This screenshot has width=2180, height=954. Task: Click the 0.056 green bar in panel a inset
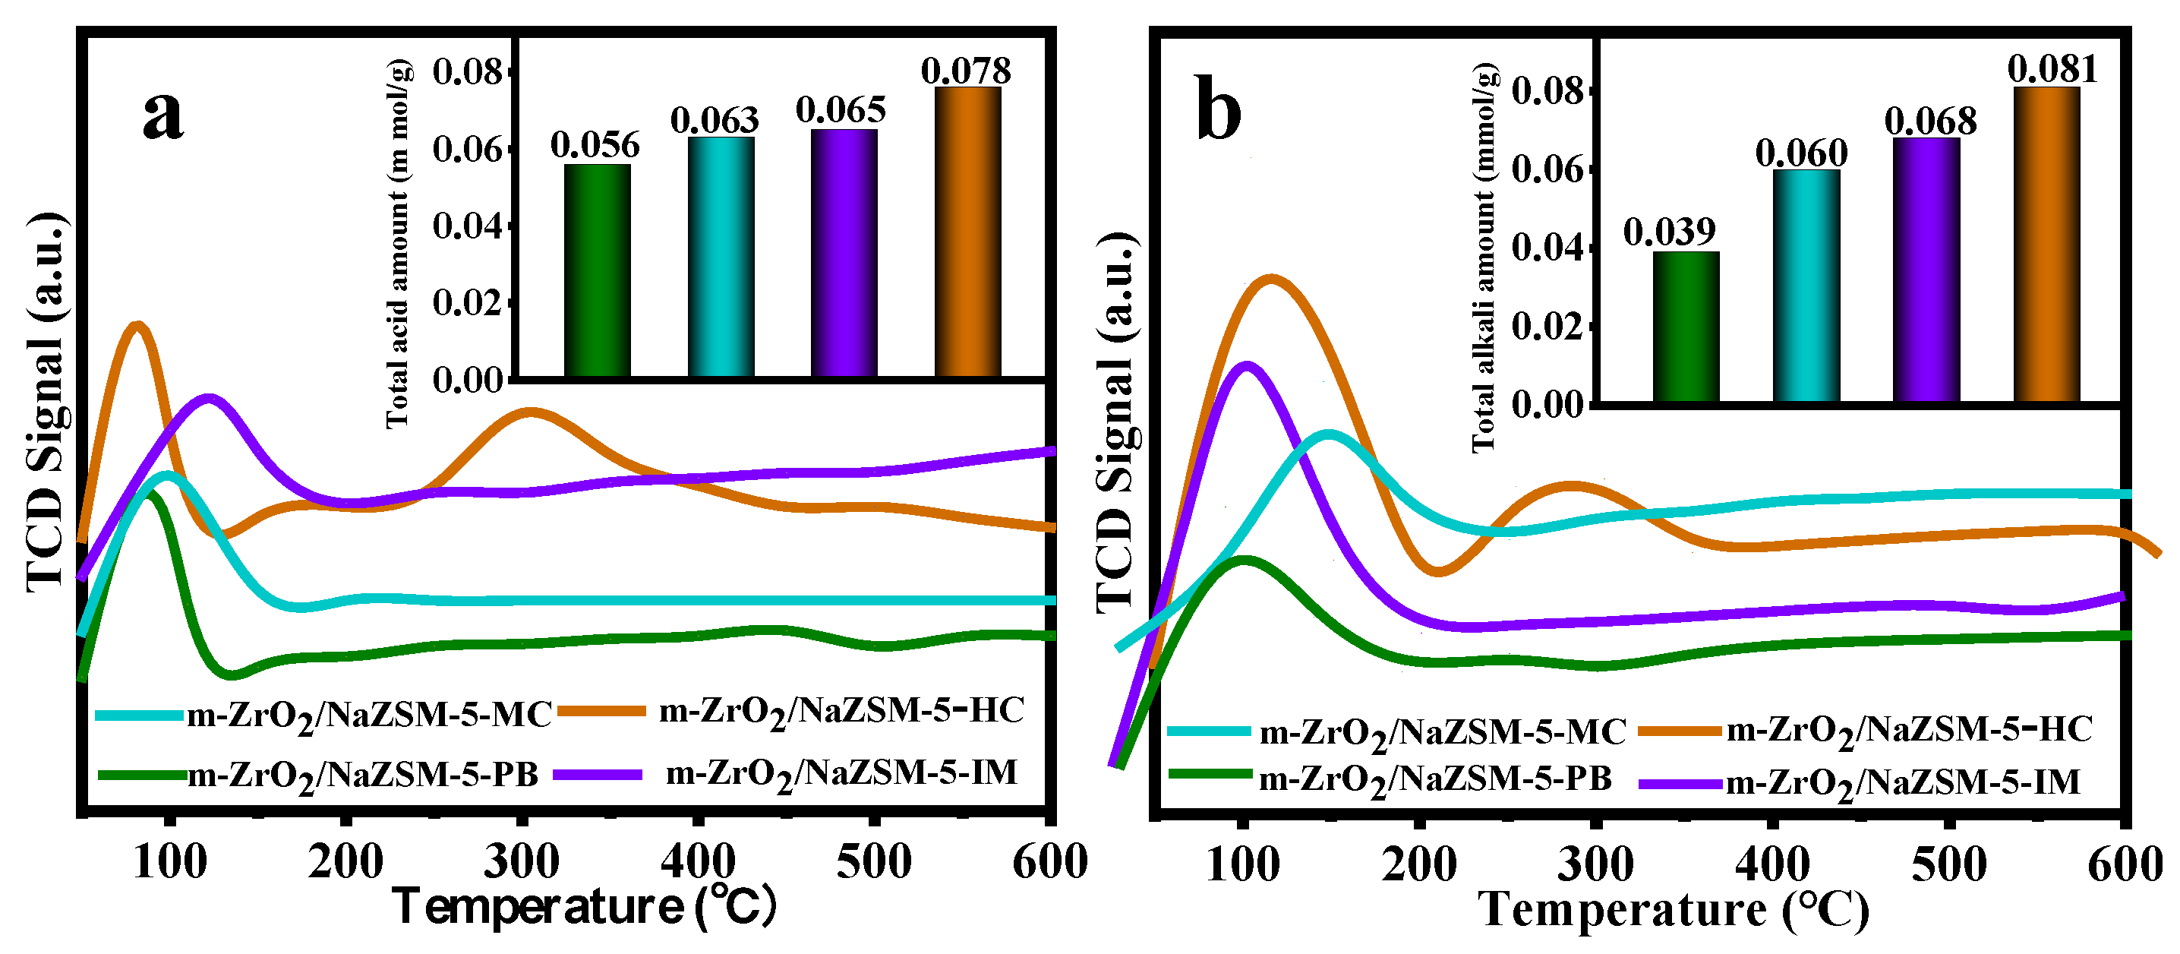click(597, 271)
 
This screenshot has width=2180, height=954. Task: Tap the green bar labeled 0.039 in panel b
click(1685, 327)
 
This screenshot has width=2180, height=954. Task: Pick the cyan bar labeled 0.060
click(1806, 286)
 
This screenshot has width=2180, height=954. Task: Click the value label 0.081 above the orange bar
click(2052, 68)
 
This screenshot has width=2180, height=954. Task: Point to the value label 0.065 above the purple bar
click(841, 110)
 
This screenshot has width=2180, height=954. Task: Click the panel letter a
click(162, 114)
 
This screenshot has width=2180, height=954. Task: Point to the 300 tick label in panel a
click(522, 863)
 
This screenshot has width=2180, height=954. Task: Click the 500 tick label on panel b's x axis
click(1948, 865)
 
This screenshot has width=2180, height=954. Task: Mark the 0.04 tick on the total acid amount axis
click(467, 227)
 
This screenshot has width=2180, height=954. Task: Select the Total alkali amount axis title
click(1484, 257)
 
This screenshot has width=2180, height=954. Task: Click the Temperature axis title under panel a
click(584, 908)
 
